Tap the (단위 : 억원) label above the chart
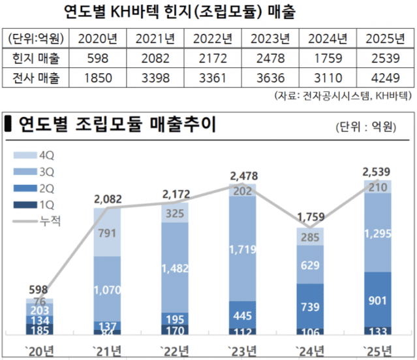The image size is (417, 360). point(366,127)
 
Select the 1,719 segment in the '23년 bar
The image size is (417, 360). point(243,248)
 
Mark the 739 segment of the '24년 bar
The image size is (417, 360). point(311,306)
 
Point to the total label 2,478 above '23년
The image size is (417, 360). point(243,175)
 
